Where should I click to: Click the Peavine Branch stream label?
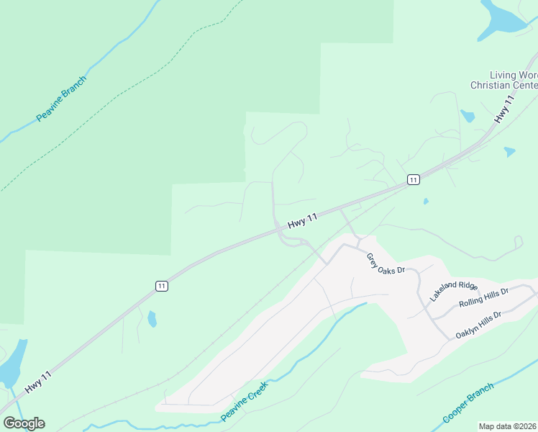61,98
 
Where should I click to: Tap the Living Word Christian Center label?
504,80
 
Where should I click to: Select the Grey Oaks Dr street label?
386,264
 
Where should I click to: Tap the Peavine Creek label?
245,402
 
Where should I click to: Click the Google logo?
24,423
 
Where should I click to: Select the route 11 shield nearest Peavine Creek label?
161,286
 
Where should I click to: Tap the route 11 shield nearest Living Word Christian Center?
413,179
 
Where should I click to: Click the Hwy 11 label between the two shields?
302,221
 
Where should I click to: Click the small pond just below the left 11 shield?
152,318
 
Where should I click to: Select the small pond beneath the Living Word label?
468,116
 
